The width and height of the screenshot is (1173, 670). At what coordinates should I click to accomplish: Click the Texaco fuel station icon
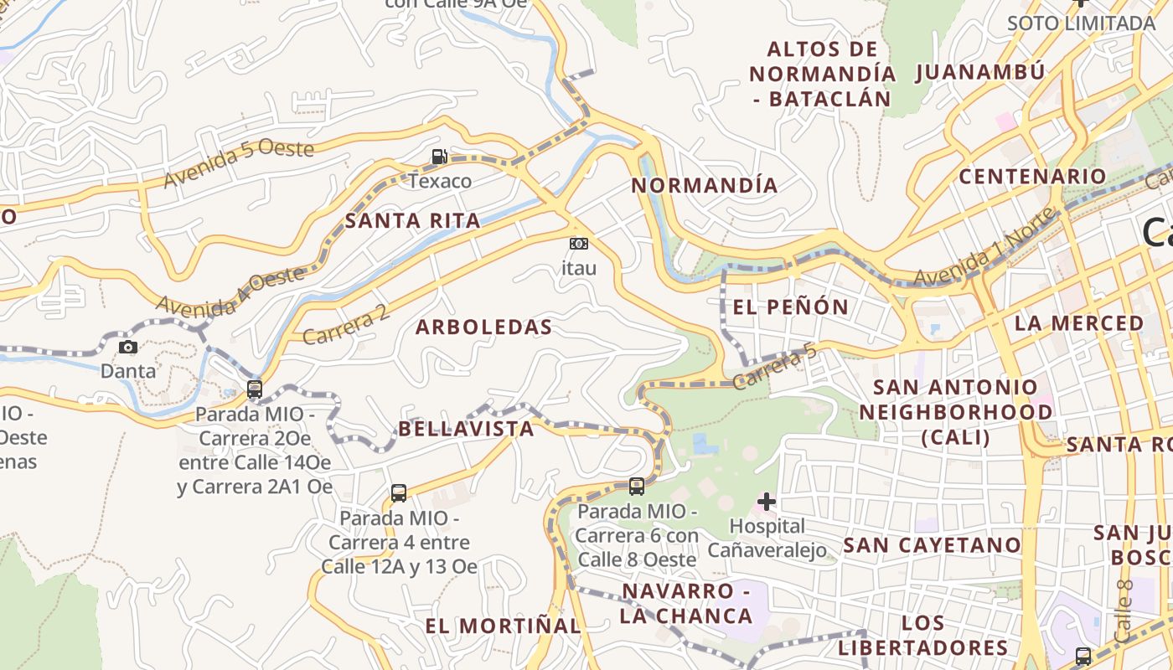coord(439,157)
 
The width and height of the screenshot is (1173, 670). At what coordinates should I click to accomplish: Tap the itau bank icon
coord(579,244)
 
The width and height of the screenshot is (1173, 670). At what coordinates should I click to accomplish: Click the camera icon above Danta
coord(128,347)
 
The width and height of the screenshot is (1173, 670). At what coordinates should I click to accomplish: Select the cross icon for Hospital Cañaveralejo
coord(766,502)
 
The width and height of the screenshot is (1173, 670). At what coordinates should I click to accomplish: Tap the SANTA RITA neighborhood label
coord(413,221)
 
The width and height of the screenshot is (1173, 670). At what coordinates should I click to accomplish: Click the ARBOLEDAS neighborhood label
coord(484,327)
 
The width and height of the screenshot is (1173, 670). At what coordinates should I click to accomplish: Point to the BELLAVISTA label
coord(466,430)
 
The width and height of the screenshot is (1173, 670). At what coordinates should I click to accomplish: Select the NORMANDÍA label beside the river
coord(705,185)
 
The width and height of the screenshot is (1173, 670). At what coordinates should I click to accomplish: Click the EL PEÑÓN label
coord(791,307)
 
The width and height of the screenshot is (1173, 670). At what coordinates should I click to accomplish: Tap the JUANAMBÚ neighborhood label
coord(980,72)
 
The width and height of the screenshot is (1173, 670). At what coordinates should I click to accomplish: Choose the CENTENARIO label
coord(1032,177)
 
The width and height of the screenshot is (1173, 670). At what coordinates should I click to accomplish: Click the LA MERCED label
coord(1079,323)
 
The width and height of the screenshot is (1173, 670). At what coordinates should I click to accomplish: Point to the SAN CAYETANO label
coord(933,545)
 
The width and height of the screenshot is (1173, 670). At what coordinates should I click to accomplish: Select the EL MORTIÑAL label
coord(503,626)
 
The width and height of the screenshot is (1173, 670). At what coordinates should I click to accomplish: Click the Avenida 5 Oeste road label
coord(239,163)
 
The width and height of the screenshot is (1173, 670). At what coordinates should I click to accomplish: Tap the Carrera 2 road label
coord(346,325)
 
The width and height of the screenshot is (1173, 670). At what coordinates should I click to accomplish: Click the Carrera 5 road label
coord(775,368)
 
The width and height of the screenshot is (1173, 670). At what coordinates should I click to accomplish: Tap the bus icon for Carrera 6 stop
coord(637,486)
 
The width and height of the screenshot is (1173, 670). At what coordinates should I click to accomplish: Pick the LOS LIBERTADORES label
coord(923,636)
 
